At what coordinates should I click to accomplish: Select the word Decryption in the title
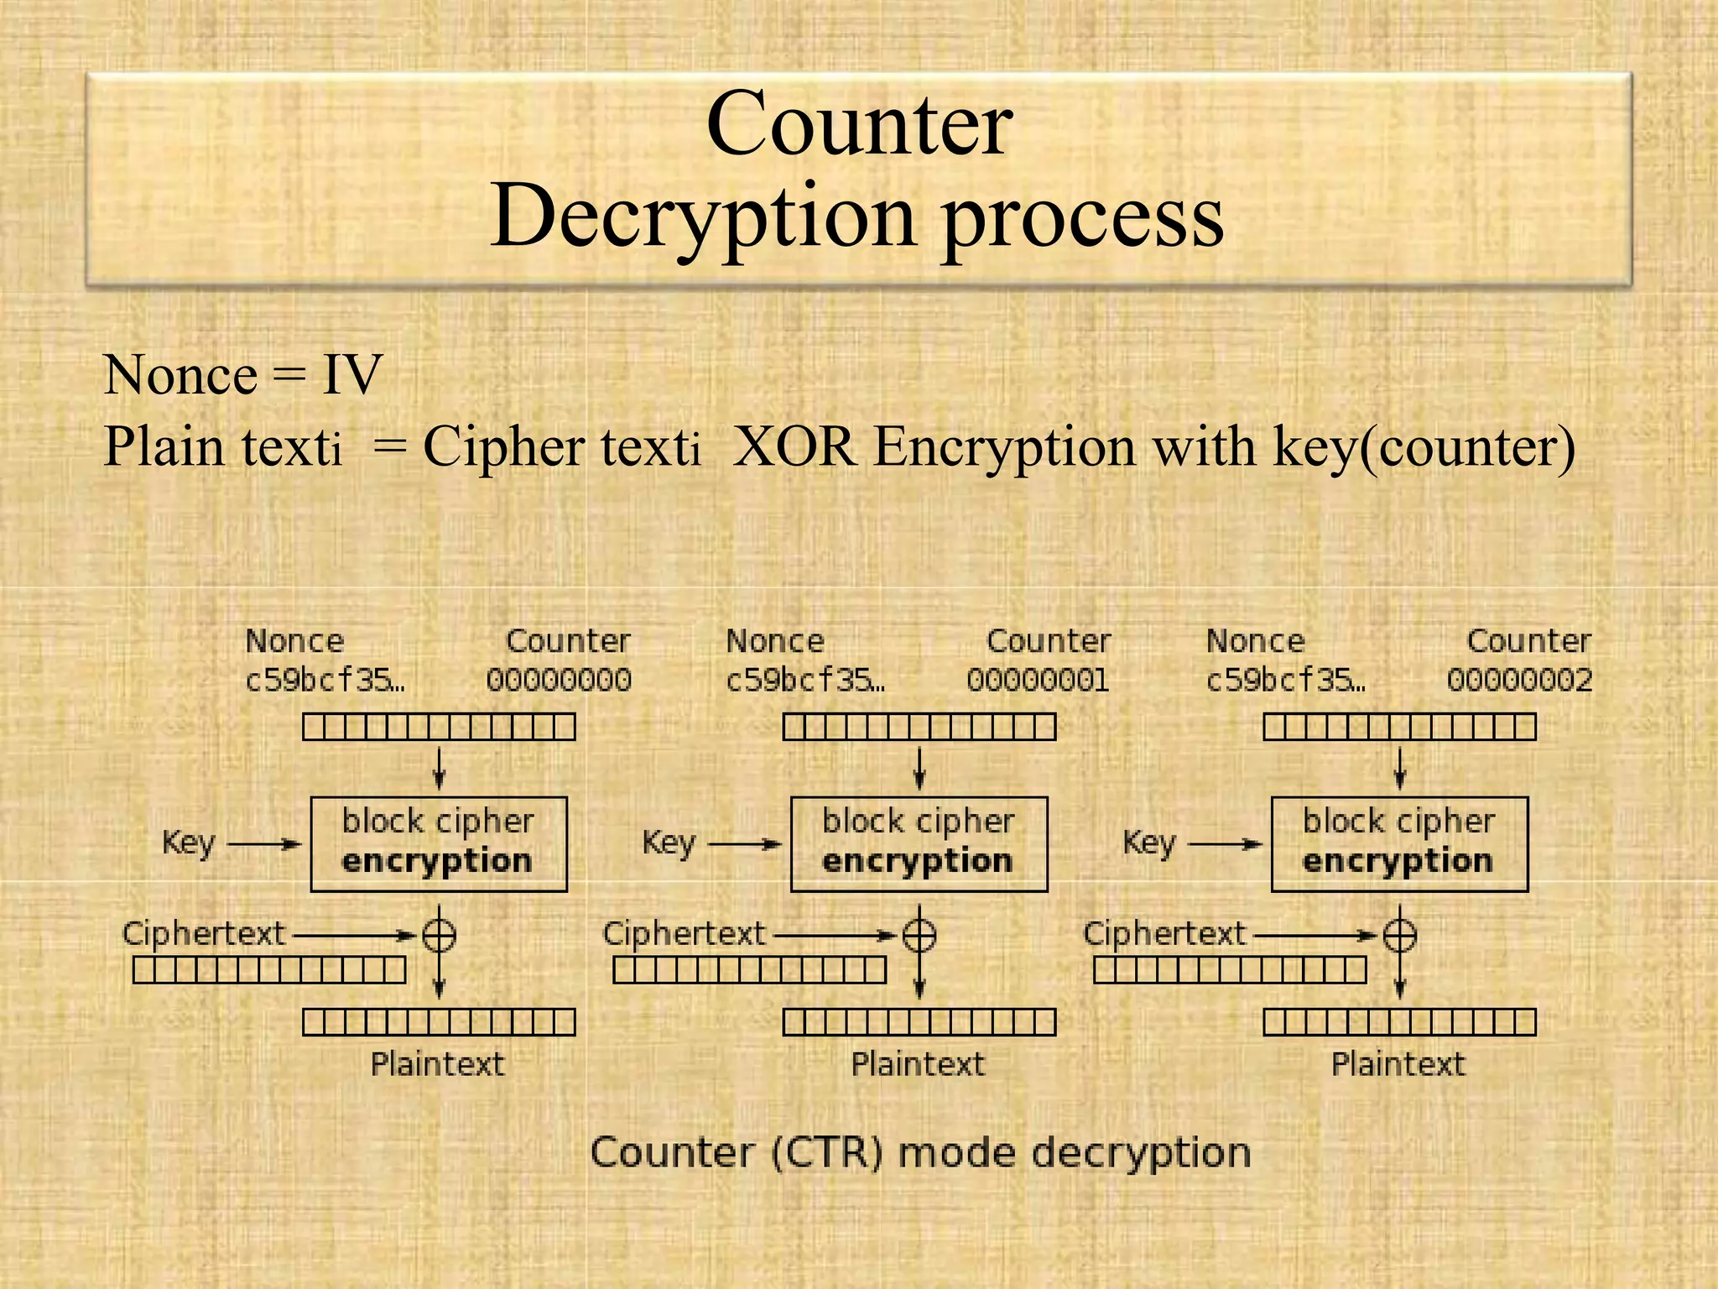tap(702, 217)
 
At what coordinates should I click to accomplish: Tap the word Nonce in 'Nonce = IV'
tap(180, 374)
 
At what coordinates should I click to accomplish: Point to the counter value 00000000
tap(559, 680)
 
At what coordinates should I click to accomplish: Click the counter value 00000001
tap(1039, 680)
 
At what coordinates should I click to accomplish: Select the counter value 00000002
tap(1519, 680)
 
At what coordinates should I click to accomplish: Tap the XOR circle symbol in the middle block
tap(919, 935)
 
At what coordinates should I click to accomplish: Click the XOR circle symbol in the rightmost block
tap(1399, 935)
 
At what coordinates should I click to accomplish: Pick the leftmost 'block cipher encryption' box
tap(439, 843)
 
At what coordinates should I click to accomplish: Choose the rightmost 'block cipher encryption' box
tap(1399, 843)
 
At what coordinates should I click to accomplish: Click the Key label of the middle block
tap(669, 843)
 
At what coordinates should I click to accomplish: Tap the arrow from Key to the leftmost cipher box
tap(264, 844)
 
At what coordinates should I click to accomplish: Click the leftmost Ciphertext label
tap(204, 933)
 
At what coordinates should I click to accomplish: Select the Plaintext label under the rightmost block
tap(1398, 1064)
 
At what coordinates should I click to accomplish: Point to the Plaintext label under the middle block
tap(918, 1064)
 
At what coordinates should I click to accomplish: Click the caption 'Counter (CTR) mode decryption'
tap(920, 1152)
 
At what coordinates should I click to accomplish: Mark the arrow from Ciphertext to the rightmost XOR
tap(1313, 935)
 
